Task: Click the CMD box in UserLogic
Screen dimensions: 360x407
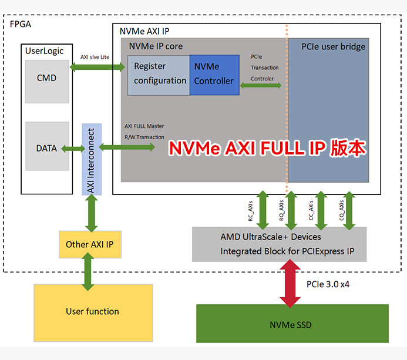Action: [x=46, y=78]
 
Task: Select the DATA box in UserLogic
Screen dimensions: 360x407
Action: [x=46, y=148]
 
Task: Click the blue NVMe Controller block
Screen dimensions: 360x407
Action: [x=214, y=74]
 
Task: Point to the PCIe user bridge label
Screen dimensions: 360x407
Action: [x=333, y=46]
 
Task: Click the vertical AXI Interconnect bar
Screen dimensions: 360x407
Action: [x=92, y=159]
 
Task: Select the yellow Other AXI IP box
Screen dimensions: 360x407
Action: [x=90, y=244]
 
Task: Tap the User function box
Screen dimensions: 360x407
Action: [x=92, y=311]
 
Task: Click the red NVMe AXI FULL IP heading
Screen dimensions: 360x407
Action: [x=267, y=148]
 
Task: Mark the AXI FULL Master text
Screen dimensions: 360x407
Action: [x=144, y=126]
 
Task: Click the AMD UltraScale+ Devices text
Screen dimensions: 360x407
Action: [x=271, y=237]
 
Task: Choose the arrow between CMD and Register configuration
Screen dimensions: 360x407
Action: [x=97, y=68]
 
